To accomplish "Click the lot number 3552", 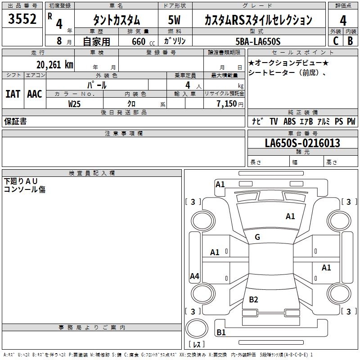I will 22,19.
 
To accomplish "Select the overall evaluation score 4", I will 343,21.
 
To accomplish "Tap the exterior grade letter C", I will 335,41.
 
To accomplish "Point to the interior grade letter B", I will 350,41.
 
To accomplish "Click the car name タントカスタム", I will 116,20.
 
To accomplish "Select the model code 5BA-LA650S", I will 258,41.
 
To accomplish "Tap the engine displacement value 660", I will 138,42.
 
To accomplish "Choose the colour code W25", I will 75,103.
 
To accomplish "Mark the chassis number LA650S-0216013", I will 302,143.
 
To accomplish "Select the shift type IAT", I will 13,94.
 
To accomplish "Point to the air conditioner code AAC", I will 35,94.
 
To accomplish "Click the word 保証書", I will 15,121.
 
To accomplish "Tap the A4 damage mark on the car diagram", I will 194,276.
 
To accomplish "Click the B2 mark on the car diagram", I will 253,300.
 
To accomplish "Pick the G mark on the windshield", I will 257,237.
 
